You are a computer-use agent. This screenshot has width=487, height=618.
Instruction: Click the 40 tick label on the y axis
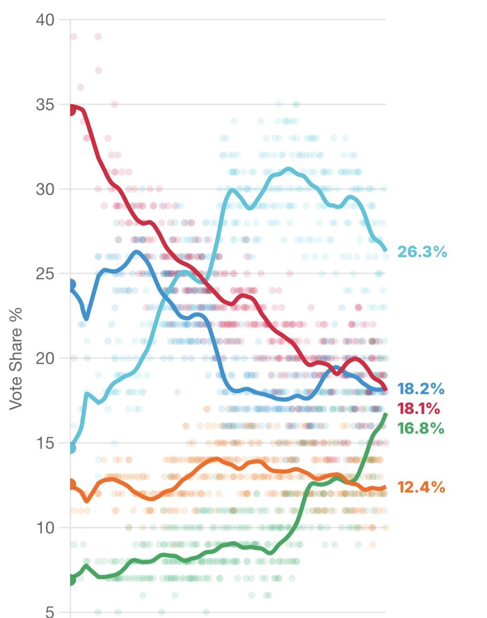[x=45, y=20]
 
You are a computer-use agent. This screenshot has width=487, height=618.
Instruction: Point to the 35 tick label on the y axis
[x=45, y=105]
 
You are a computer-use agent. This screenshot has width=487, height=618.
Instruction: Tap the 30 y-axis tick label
[x=45, y=189]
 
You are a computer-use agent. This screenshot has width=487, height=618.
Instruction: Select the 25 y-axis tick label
[x=45, y=274]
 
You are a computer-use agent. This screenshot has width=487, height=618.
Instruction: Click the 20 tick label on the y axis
[x=45, y=358]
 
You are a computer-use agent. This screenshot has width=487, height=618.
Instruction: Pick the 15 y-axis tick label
[x=45, y=443]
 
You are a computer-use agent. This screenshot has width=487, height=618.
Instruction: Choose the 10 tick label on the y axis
[x=45, y=528]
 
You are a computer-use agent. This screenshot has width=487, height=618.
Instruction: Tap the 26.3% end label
[x=422, y=252]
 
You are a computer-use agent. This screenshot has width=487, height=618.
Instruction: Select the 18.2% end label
[x=421, y=389]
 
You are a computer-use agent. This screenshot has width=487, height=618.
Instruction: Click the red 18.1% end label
[x=419, y=408]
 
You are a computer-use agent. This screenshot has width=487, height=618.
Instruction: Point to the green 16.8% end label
[x=421, y=428]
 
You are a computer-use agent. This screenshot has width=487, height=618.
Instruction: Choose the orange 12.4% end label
[x=421, y=487]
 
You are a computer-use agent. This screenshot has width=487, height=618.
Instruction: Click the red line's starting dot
[x=71, y=110]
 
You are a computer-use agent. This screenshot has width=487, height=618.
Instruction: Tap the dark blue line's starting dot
[x=71, y=284]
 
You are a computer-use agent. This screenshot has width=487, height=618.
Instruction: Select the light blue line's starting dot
[x=71, y=448]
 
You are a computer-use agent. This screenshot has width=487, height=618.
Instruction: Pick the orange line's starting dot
[x=71, y=484]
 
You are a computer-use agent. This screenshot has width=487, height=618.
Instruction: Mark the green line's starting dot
[x=71, y=579]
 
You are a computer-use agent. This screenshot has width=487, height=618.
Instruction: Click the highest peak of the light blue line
[x=289, y=169]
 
